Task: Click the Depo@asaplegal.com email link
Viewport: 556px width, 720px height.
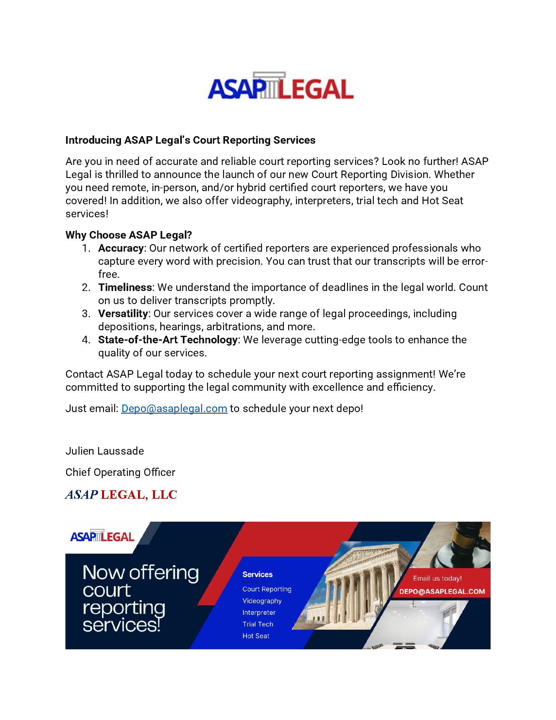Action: (x=174, y=408)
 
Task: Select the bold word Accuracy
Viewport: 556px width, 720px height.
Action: (x=121, y=248)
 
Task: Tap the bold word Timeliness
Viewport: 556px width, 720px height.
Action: (x=125, y=287)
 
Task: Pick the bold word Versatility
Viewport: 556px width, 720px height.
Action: (x=123, y=314)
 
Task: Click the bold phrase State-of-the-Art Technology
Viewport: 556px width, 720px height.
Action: (x=168, y=340)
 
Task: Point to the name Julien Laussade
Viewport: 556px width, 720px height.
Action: (x=104, y=451)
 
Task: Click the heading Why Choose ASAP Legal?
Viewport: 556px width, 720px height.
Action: (x=129, y=235)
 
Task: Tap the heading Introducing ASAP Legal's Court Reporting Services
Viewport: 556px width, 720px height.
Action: (x=190, y=140)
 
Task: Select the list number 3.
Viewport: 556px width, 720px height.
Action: (x=86, y=314)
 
